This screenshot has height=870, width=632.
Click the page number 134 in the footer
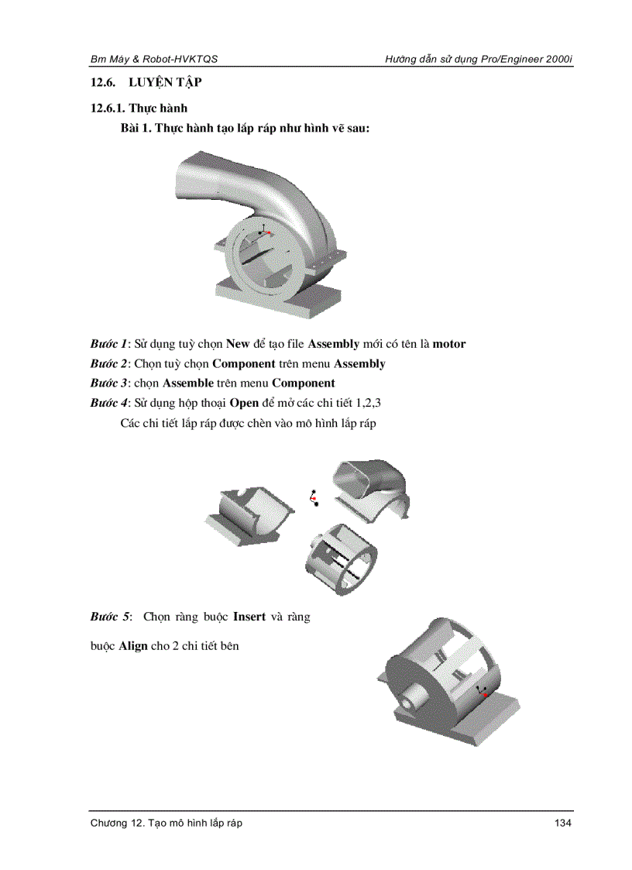562,823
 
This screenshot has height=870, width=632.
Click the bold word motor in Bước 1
449,344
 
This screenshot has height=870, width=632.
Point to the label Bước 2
108,363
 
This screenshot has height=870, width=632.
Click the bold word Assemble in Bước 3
187,383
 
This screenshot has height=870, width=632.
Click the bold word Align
133,645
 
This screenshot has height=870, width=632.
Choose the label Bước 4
108,403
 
